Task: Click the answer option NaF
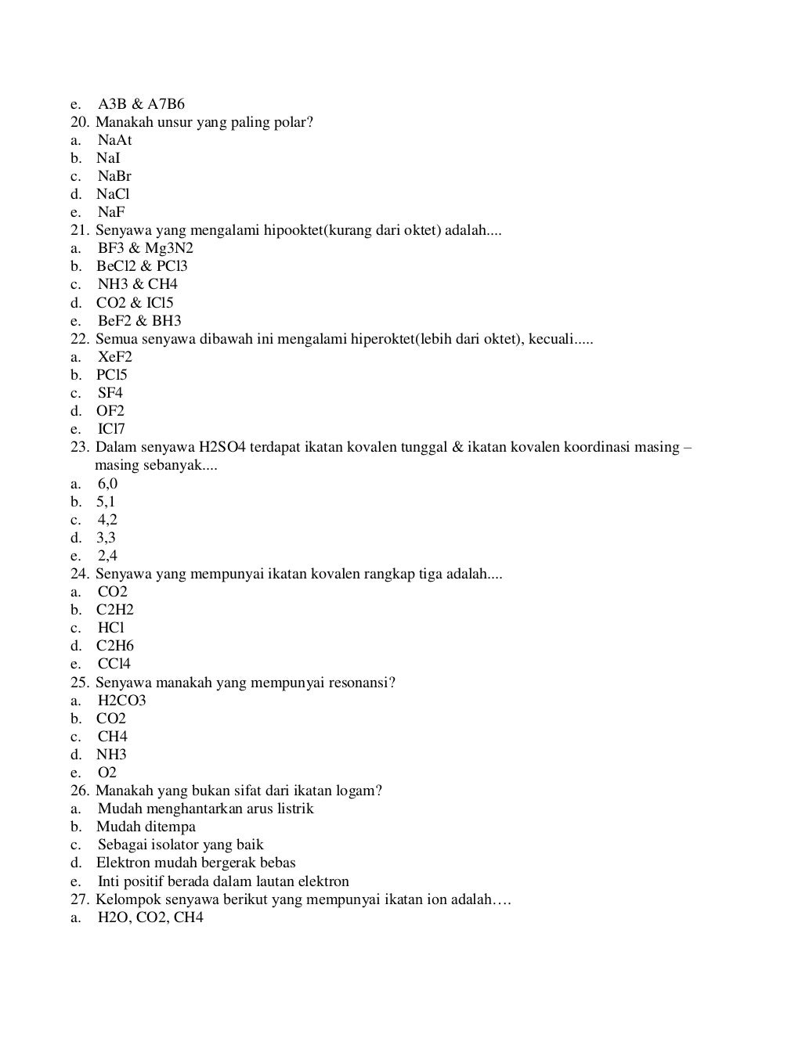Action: pos(111,212)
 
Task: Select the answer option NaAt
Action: pos(114,140)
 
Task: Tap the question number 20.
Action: pos(80,122)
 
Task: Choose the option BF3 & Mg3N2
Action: pos(146,248)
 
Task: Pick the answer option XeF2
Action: pos(115,357)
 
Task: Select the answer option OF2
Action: pos(110,411)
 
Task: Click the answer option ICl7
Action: pos(111,429)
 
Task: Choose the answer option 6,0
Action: pos(107,484)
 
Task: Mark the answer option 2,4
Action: pos(107,556)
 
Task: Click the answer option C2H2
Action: pos(115,610)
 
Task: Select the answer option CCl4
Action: pos(114,664)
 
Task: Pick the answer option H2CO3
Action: pos(122,701)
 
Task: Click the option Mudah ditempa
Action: pos(146,827)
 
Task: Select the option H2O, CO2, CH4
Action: pos(150,917)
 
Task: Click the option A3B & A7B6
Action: pos(141,104)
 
